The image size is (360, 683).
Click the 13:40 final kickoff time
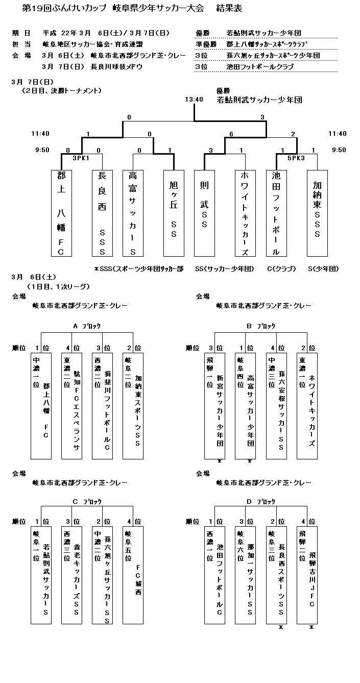click(194, 100)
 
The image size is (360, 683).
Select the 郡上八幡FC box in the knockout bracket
click(61, 213)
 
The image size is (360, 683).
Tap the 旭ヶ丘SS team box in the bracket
click(174, 213)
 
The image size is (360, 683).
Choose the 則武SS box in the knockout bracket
click(204, 213)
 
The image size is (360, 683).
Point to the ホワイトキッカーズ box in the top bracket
click(245, 213)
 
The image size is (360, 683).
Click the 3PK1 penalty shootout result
click(81, 158)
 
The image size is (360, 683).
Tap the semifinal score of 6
click(231, 134)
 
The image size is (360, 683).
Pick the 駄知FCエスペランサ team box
click(71, 405)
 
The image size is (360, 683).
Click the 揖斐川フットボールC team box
click(102, 405)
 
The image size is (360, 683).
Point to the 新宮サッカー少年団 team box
click(214, 405)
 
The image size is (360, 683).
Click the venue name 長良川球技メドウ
click(116, 66)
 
